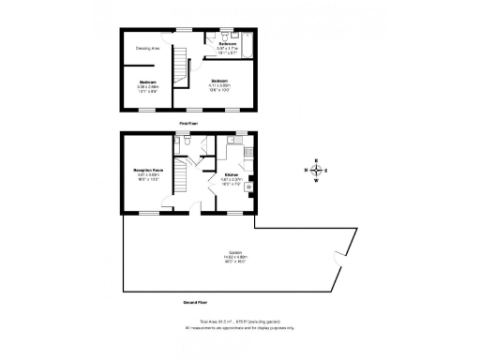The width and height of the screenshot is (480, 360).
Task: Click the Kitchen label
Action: (231, 175)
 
